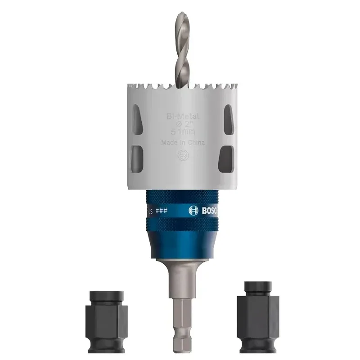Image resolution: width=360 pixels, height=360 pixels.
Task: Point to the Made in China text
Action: click(183, 143)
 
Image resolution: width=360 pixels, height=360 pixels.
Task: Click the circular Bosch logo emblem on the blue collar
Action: click(193, 210)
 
